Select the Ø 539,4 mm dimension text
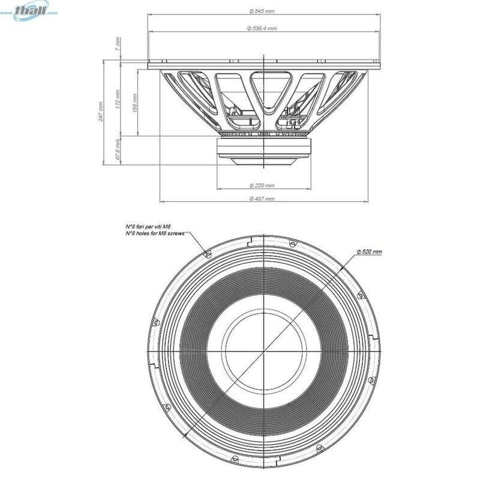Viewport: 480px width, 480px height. (262, 28)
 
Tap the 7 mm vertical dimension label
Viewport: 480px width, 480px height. (119, 43)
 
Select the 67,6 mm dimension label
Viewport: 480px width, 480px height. (119, 150)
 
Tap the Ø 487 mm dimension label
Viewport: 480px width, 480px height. (262, 199)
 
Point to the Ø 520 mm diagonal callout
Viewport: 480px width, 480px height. (369, 252)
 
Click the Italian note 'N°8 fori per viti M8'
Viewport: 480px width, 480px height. (149, 226)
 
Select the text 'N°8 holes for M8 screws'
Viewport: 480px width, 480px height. (154, 233)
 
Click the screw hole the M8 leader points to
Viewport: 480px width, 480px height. (208, 254)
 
